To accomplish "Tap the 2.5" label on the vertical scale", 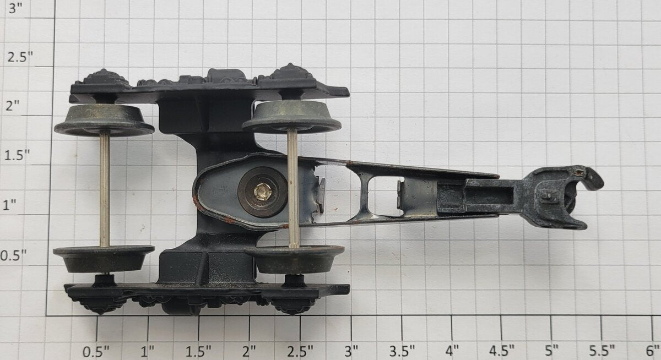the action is coord(20,57).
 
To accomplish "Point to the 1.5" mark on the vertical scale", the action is coord(17,155).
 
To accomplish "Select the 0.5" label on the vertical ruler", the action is coord(14,255).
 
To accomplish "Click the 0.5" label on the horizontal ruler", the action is coord(96,351).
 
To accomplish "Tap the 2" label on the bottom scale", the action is coord(249,351).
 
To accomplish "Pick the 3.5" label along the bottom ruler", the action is coord(402,351).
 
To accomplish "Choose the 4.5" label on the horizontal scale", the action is coord(502,351).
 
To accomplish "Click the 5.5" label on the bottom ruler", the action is coord(602,351).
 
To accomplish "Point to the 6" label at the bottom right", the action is coord(652,351).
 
